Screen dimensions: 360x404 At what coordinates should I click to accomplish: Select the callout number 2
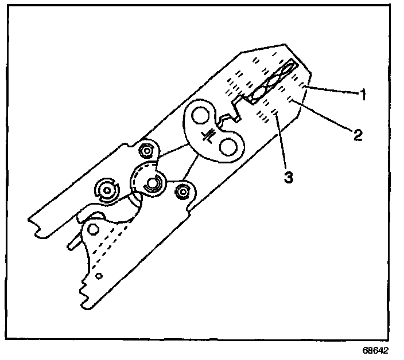(x=356, y=135)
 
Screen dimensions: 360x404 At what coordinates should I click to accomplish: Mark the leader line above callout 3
(x=281, y=140)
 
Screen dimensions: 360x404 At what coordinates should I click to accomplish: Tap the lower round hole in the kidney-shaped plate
(x=229, y=147)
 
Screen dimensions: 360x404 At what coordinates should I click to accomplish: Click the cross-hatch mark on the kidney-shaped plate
(x=211, y=134)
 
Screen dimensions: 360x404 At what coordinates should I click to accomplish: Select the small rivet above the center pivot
(x=147, y=151)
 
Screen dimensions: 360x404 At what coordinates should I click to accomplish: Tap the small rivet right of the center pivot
(x=182, y=191)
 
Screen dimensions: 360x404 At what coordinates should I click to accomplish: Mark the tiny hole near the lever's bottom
(x=99, y=276)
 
